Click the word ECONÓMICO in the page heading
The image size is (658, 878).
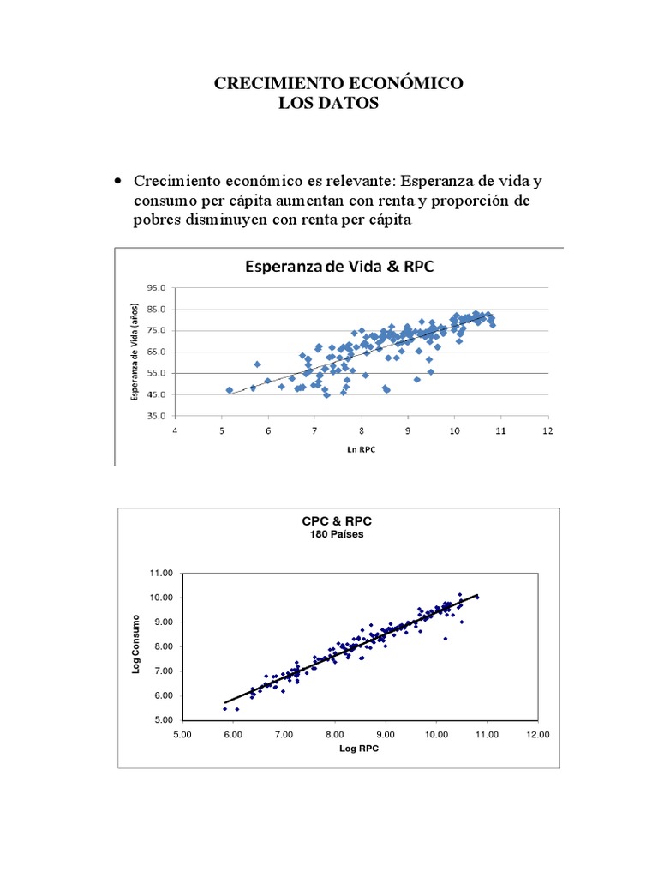pos(404,84)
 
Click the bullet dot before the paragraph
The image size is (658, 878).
pos(118,181)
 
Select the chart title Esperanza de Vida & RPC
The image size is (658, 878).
pos(339,266)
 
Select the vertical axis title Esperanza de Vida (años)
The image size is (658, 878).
pos(135,352)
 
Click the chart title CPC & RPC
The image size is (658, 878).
pos(337,520)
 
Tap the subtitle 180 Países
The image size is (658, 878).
pos(337,534)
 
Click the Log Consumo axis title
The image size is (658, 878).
pos(136,646)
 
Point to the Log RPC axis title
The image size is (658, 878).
pos(359,748)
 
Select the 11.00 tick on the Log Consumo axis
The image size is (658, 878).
pos(161,573)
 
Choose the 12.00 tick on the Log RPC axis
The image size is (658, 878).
pos(538,734)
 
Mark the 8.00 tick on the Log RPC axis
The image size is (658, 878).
pos(334,734)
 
